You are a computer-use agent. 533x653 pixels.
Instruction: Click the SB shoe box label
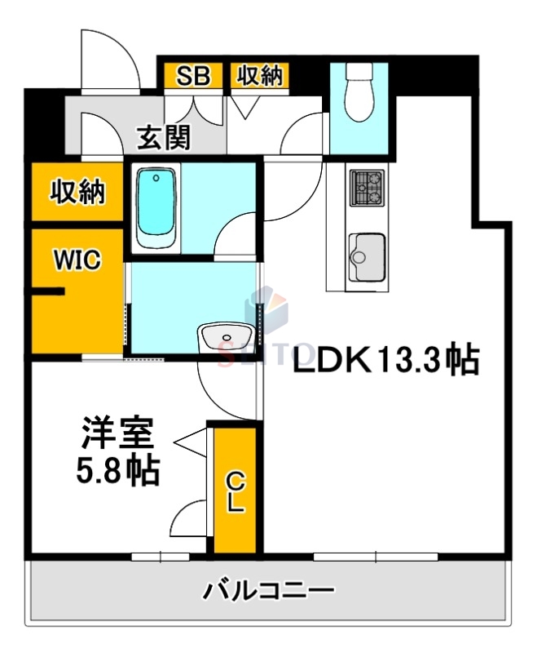coord(194,76)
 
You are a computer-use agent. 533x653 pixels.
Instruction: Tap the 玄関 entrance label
coord(163,137)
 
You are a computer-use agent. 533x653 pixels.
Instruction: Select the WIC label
coord(77,260)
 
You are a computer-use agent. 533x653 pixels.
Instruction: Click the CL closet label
coord(235,490)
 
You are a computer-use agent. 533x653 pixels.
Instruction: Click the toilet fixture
coord(359,94)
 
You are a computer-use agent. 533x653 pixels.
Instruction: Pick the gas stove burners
coord(367,188)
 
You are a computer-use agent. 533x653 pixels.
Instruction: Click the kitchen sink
coord(366,255)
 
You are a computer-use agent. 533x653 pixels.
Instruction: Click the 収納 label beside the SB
coord(259,76)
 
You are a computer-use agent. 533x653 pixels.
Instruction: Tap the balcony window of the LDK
coord(376,557)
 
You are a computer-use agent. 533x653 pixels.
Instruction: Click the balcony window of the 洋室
coord(161,557)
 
